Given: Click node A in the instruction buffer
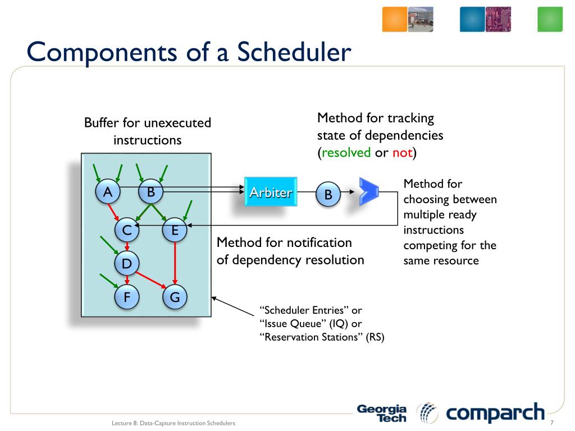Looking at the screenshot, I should tap(107, 192).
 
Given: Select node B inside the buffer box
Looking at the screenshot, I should tap(150, 192).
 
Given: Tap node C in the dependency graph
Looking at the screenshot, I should tap(127, 230).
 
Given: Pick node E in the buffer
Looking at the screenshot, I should tap(175, 230).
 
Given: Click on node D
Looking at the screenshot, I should tap(127, 263).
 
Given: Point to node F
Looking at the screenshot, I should tap(127, 297).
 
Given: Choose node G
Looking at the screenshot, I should tap(175, 297).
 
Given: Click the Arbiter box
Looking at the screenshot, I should tap(271, 193).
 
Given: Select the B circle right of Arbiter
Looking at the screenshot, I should tap(328, 195).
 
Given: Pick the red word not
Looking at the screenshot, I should tap(403, 153).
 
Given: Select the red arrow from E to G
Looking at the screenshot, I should tap(175, 263).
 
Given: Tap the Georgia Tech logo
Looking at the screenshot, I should tap(382, 414).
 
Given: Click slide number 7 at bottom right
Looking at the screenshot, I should tap(552, 423).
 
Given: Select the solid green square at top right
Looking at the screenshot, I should tap(550, 20).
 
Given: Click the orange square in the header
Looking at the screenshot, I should tap(394, 20).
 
